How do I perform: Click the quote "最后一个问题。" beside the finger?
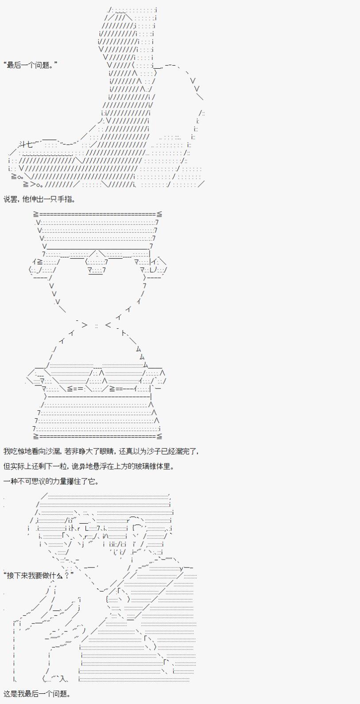pos(31,66)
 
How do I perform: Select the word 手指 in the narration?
pos(65,199)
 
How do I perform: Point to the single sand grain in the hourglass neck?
pos(97,326)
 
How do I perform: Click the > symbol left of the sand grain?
pos(85,325)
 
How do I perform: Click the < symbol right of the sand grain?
pos(108,325)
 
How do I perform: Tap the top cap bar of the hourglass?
pos(98,214)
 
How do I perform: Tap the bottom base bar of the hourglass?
pos(98,436)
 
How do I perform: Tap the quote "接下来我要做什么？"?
pos(39,576)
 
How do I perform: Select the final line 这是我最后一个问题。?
pos(37,694)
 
